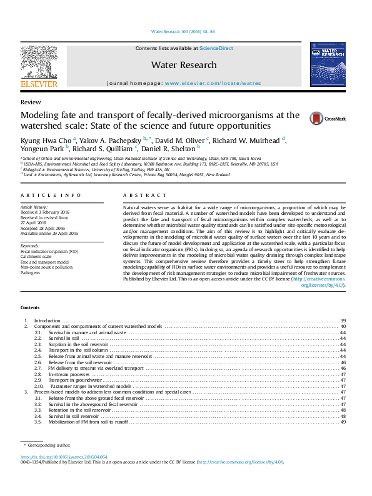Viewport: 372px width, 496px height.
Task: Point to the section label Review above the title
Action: point(31,102)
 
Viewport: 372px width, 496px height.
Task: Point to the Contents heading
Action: point(29,308)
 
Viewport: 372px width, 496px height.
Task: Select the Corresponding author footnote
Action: point(49,445)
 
